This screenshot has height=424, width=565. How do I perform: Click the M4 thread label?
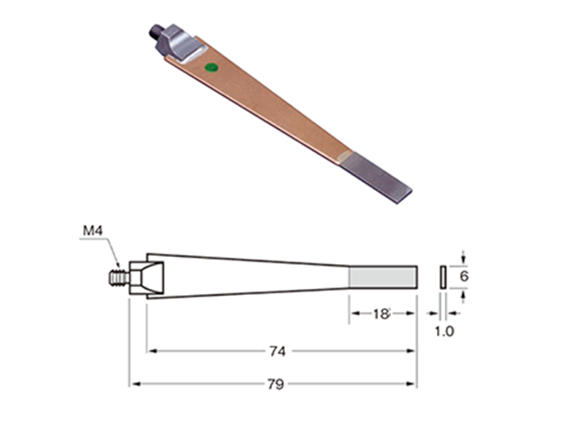click(94, 231)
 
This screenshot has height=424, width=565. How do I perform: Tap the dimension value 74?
click(277, 351)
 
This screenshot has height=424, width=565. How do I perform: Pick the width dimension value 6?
click(464, 276)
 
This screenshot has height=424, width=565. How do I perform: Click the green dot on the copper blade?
click(210, 67)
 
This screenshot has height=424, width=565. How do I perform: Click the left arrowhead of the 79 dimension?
click(134, 384)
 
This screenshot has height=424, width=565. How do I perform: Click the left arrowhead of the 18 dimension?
click(353, 314)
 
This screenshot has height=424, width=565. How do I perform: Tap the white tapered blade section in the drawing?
click(247, 276)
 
